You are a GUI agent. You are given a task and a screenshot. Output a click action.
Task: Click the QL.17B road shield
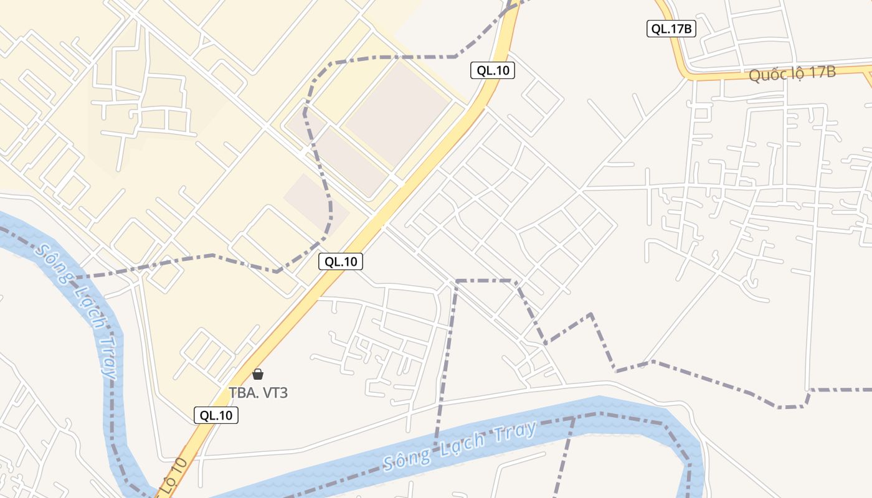[x=671, y=29]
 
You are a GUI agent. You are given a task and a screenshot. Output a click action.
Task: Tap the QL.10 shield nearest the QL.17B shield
[x=492, y=70]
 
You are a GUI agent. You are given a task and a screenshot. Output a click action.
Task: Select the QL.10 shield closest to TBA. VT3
[x=216, y=415]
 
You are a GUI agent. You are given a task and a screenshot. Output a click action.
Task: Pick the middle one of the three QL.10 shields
[x=341, y=261]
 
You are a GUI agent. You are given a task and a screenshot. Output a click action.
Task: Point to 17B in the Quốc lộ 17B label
[x=822, y=72]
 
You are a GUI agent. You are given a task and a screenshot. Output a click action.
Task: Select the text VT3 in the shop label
[x=274, y=393]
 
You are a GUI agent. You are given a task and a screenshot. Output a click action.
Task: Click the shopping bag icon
[x=258, y=374]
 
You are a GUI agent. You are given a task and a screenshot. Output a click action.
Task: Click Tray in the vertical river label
[x=108, y=355]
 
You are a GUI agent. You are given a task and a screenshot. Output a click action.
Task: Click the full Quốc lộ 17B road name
[x=792, y=74]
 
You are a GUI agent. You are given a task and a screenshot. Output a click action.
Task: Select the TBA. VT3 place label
[x=258, y=393]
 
